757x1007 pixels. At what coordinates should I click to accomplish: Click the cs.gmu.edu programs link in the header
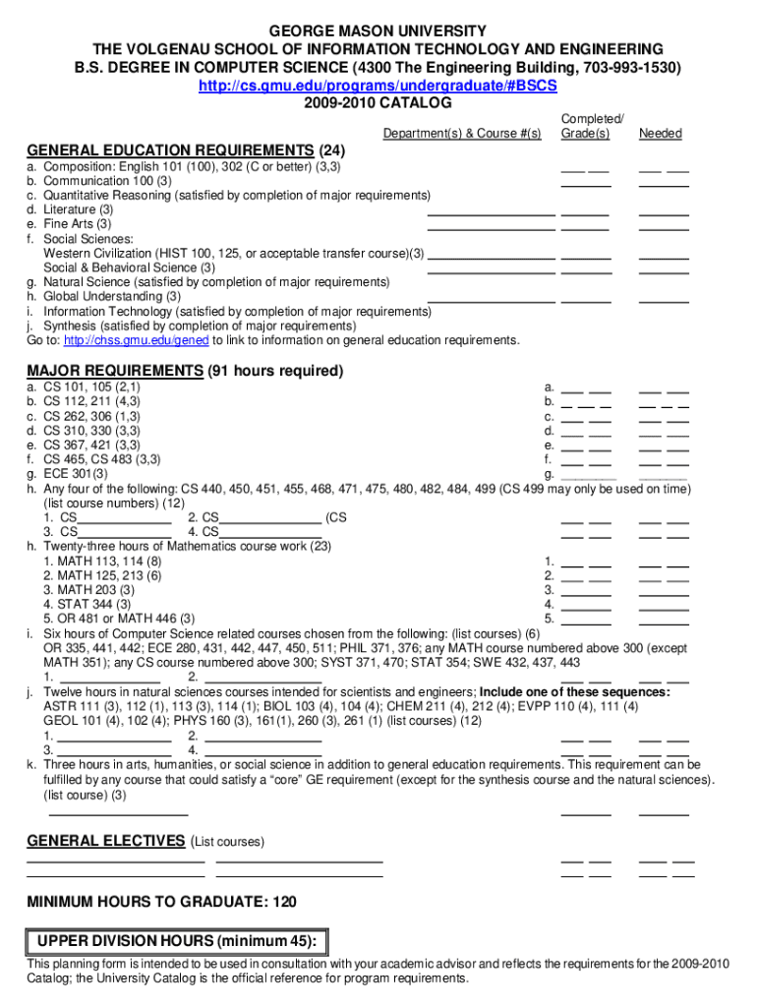click(378, 87)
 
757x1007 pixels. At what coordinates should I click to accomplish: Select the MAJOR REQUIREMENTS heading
click(115, 371)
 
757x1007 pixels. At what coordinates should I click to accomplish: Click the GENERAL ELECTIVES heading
click(105, 841)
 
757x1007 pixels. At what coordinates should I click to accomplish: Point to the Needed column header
click(660, 134)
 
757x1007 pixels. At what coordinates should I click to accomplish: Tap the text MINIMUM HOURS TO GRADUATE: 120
click(161, 902)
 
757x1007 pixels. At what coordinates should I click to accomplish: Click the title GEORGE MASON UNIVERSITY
click(378, 31)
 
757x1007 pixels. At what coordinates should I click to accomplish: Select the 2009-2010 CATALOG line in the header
click(378, 103)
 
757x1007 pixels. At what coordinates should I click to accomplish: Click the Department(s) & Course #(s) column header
click(462, 134)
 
